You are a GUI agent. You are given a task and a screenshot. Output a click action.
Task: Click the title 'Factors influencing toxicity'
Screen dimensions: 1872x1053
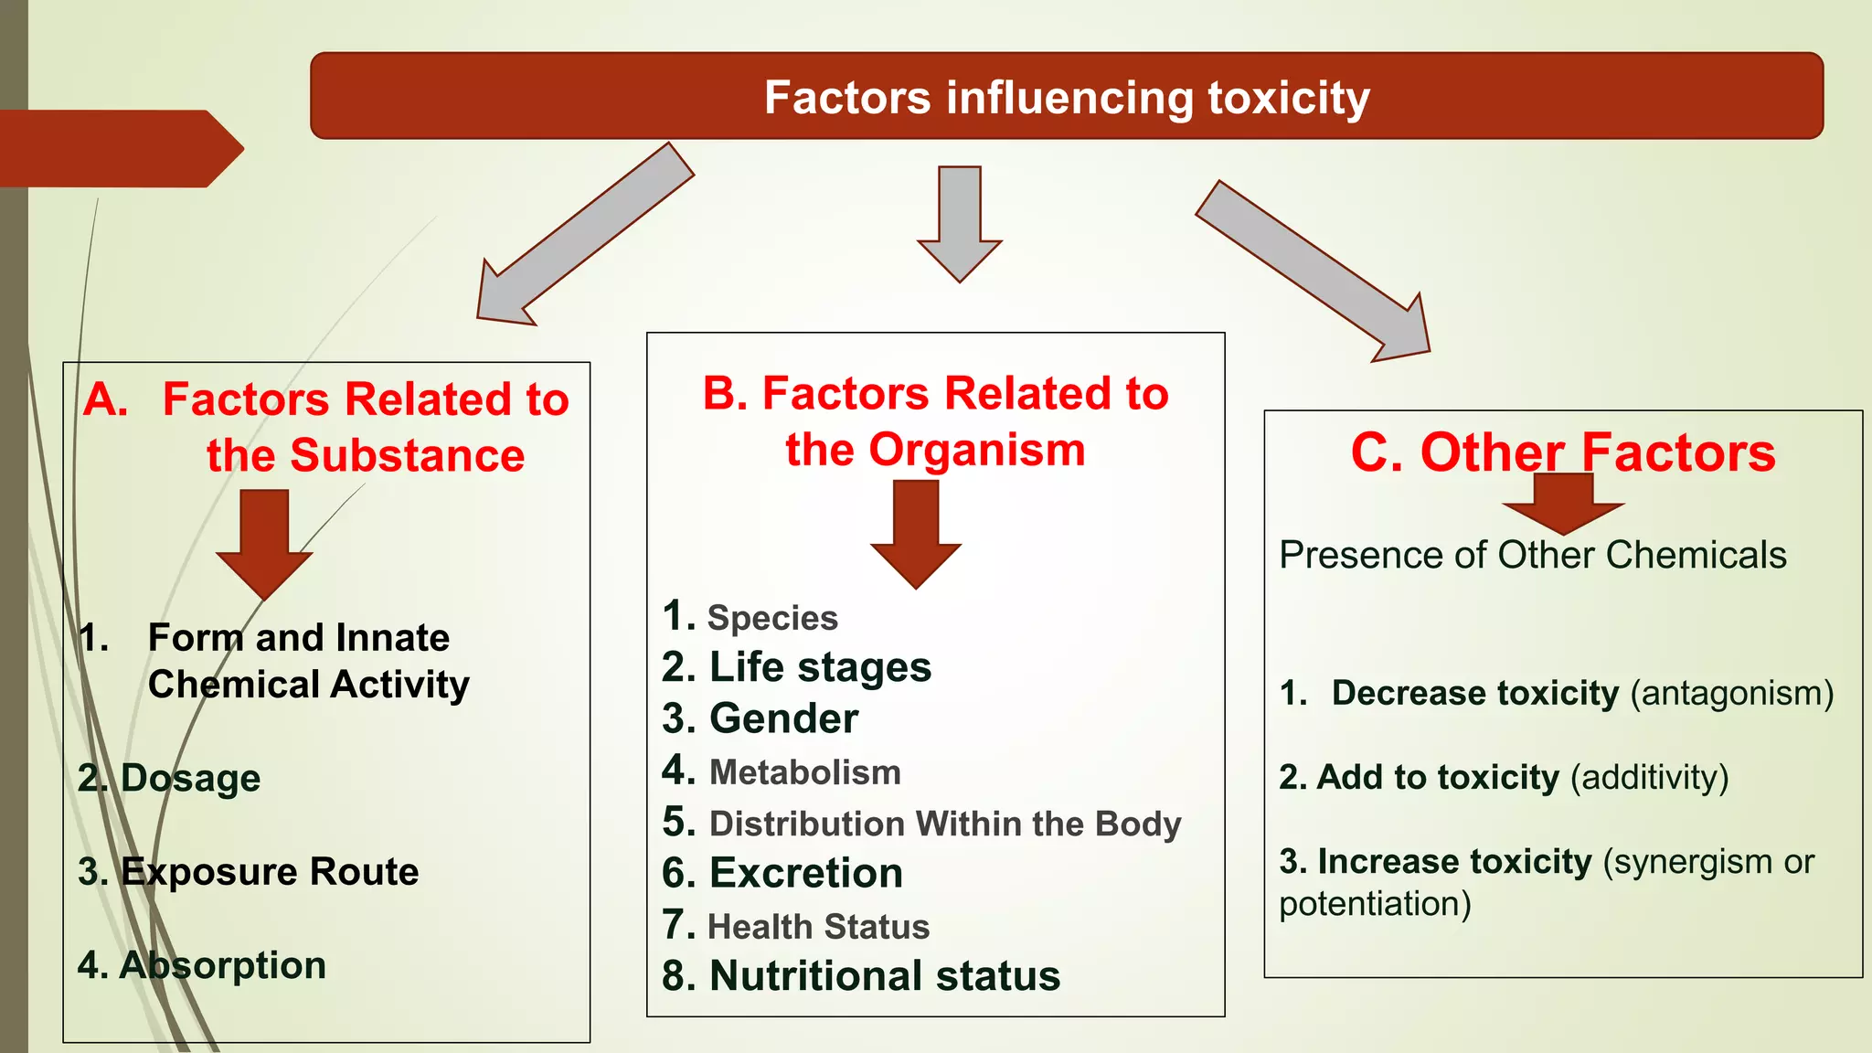pyautogui.click(x=1067, y=98)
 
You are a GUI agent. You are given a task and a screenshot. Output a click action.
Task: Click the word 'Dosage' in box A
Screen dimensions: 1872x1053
pyautogui.click(x=190, y=778)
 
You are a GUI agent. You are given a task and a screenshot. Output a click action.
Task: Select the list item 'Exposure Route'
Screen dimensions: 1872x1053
pyautogui.click(x=270, y=871)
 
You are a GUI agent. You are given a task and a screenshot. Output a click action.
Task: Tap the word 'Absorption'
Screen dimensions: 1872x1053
pyautogui.click(x=222, y=965)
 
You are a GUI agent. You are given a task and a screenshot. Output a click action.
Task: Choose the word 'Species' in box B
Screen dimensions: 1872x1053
pyautogui.click(x=772, y=619)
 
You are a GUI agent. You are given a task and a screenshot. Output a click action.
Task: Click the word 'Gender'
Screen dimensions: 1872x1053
pyautogui.click(x=783, y=718)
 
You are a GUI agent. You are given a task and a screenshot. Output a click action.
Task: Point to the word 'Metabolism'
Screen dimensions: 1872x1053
pyautogui.click(x=804, y=772)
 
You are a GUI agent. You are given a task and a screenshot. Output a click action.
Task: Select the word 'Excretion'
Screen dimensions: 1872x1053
pyautogui.click(x=806, y=873)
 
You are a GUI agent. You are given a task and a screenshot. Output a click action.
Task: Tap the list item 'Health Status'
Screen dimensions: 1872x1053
pyautogui.click(x=818, y=927)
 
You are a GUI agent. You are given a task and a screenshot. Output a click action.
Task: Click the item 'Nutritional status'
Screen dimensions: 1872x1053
pyautogui.click(x=885, y=976)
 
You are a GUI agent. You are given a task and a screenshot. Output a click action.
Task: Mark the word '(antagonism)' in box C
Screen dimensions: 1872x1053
pyautogui.click(x=1732, y=694)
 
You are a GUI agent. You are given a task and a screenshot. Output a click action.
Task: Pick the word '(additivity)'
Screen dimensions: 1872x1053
pyautogui.click(x=1649, y=778)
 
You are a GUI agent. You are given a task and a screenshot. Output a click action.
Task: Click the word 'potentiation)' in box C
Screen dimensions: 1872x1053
pyautogui.click(x=1375, y=904)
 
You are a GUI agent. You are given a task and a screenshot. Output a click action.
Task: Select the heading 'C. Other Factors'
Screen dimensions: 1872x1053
pyautogui.click(x=1563, y=452)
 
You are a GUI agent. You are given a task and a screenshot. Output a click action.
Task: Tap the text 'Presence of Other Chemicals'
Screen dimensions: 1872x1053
pyautogui.click(x=1532, y=555)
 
